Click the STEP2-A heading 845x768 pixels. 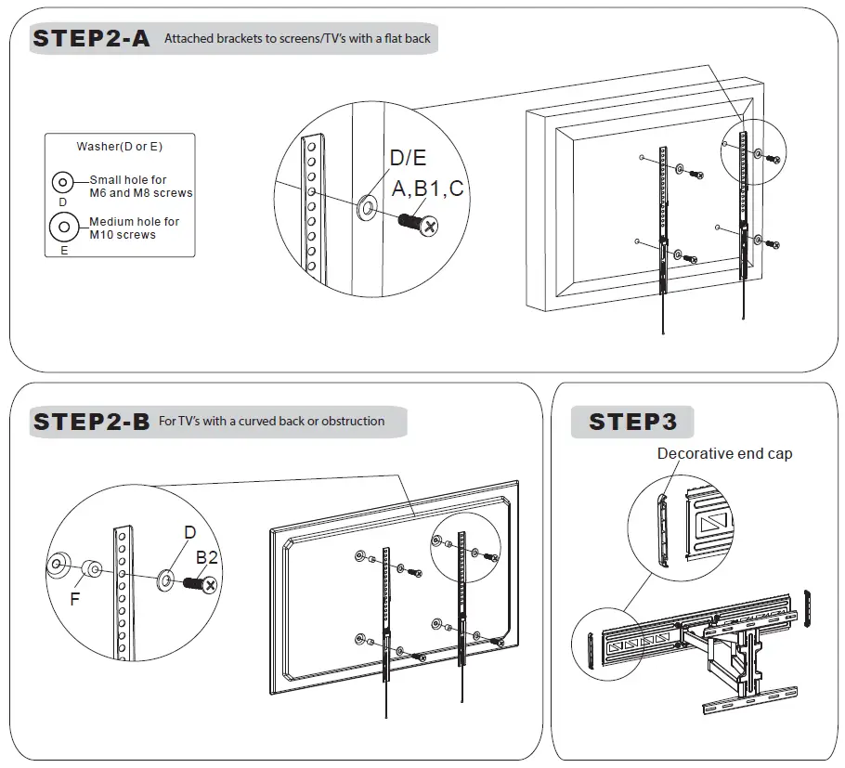pyautogui.click(x=91, y=39)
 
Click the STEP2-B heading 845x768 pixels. pyautogui.click(x=91, y=422)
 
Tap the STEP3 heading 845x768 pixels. pyautogui.click(x=632, y=422)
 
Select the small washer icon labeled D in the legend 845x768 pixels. pyautogui.click(x=63, y=182)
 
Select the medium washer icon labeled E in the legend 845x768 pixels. pyautogui.click(x=64, y=226)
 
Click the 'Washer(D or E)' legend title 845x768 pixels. pyautogui.click(x=120, y=147)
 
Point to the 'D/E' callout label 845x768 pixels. pyautogui.click(x=408, y=159)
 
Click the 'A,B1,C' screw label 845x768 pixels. pyautogui.click(x=427, y=189)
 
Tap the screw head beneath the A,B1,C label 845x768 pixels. pyautogui.click(x=430, y=226)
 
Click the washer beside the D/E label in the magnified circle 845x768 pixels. pyautogui.click(x=367, y=204)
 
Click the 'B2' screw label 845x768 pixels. pyautogui.click(x=206, y=557)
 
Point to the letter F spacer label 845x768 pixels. pyautogui.click(x=75, y=600)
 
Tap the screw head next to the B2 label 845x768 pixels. pyautogui.click(x=210, y=585)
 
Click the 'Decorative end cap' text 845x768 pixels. pyautogui.click(x=724, y=454)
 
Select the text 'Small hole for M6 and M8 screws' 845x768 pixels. pyautogui.click(x=140, y=187)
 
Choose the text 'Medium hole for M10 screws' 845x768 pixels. pyautogui.click(x=134, y=228)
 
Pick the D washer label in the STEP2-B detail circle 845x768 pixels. pyautogui.click(x=189, y=532)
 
